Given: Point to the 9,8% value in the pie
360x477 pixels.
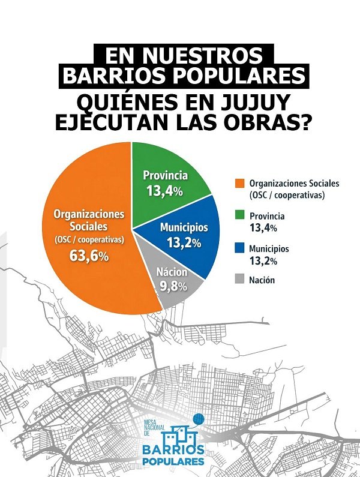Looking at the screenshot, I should coord(173,287).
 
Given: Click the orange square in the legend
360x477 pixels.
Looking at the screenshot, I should coord(240,182).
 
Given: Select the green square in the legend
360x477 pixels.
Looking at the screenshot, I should coord(240,215).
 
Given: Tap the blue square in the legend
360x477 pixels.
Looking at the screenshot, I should coord(240,248).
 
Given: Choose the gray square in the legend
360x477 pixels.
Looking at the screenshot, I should coord(240,280).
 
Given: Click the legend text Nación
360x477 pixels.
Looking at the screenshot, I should coord(262,280).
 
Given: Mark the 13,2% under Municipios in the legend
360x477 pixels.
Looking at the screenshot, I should coord(263,260).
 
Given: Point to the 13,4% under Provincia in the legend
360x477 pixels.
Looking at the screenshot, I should coord(263,227).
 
